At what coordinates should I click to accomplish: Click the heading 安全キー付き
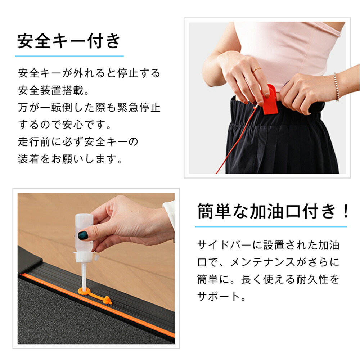point(69,41)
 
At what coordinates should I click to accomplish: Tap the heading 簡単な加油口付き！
point(273,211)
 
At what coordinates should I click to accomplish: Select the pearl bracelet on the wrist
point(336,87)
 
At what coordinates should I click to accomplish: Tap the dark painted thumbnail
point(83,235)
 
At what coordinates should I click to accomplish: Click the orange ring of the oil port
point(84,291)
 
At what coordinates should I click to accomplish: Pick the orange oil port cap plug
point(107,300)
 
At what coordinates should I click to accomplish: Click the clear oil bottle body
point(84,232)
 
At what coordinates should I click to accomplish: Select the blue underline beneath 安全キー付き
point(69,56)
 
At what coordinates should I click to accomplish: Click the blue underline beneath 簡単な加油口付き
point(271,226)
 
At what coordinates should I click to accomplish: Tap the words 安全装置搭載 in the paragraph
point(50,90)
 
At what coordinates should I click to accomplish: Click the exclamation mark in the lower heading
point(345,211)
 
